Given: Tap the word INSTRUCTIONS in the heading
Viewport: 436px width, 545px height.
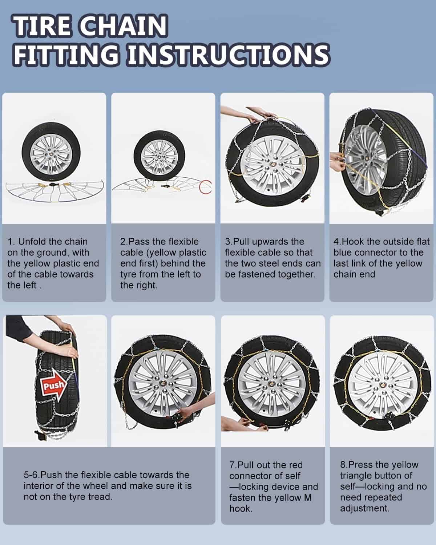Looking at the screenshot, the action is tap(229, 55).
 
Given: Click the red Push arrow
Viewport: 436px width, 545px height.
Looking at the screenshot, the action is tap(54, 385).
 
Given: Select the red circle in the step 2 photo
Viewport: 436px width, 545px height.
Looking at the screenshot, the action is tap(205, 187).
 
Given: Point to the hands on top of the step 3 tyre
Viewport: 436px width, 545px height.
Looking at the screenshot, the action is tap(261, 115).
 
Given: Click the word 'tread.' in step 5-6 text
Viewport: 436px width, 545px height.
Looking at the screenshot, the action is tap(100, 497).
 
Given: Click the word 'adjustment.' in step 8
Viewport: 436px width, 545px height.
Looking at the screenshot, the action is tap(364, 508).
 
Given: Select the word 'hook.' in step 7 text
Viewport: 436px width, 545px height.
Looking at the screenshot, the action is tap(241, 509).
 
